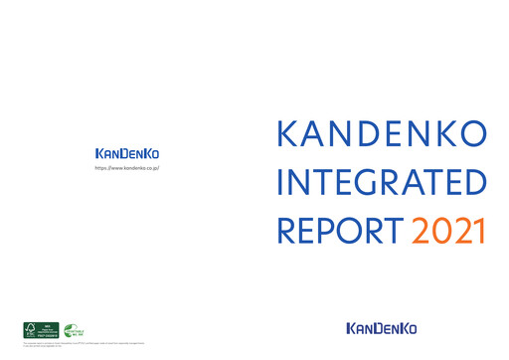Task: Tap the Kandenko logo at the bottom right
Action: point(382,327)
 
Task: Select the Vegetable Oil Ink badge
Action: point(74,331)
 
